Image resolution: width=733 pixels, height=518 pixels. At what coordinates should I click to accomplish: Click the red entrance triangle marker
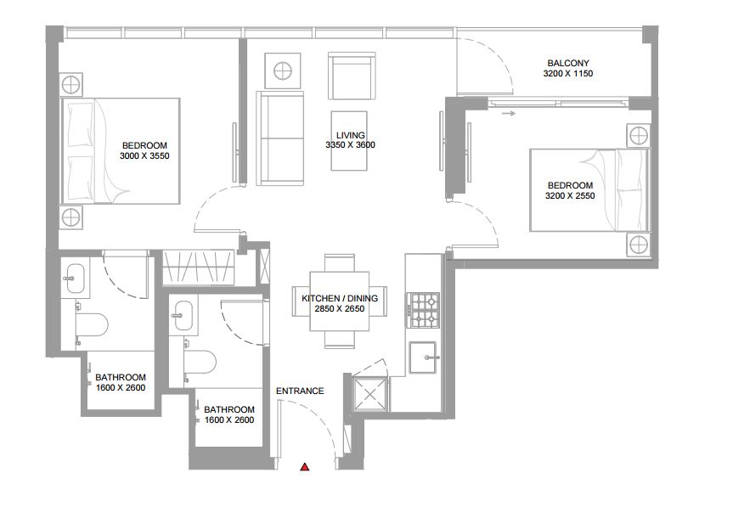pyautogui.click(x=305, y=466)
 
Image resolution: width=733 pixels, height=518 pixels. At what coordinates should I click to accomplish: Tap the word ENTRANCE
pyautogui.click(x=300, y=391)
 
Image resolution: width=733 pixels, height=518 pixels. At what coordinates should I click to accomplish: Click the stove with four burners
pyautogui.click(x=423, y=310)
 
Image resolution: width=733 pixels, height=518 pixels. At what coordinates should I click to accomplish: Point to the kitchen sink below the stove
pyautogui.click(x=423, y=358)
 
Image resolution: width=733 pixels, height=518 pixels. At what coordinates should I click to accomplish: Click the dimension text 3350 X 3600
pyautogui.click(x=350, y=145)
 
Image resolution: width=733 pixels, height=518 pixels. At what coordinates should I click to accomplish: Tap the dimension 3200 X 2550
pyautogui.click(x=569, y=196)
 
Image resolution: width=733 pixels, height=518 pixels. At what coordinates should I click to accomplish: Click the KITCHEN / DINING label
pyautogui.click(x=340, y=299)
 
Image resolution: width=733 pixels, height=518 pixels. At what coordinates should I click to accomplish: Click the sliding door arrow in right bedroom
pyautogui.click(x=507, y=112)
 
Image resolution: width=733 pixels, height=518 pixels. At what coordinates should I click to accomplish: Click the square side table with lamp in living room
pyautogui.click(x=282, y=70)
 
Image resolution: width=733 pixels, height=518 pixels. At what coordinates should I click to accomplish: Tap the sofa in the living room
pyautogui.click(x=281, y=140)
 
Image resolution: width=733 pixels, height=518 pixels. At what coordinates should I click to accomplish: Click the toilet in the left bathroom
pyautogui.click(x=93, y=326)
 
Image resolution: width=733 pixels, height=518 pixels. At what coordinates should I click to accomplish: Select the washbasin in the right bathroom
pyautogui.click(x=179, y=317)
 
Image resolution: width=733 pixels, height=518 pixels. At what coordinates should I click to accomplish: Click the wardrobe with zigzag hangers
pyautogui.click(x=197, y=268)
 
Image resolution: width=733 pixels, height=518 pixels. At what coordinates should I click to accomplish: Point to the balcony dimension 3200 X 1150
pyautogui.click(x=568, y=75)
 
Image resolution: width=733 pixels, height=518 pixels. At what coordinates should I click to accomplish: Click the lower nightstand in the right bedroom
pyautogui.click(x=638, y=245)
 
